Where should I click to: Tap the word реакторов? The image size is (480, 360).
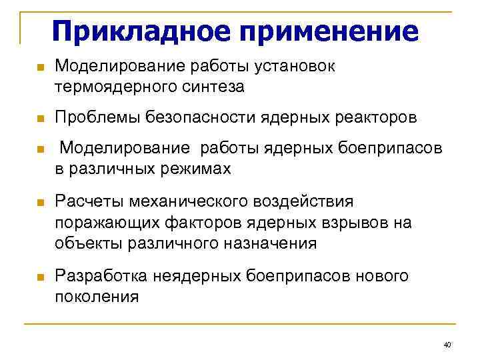tap(375, 118)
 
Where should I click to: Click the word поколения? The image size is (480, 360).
tap(97, 297)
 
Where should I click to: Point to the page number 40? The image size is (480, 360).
tap(447, 345)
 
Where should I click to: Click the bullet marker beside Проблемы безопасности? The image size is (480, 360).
tap(40, 119)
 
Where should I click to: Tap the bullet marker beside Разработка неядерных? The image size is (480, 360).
tap(40, 277)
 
